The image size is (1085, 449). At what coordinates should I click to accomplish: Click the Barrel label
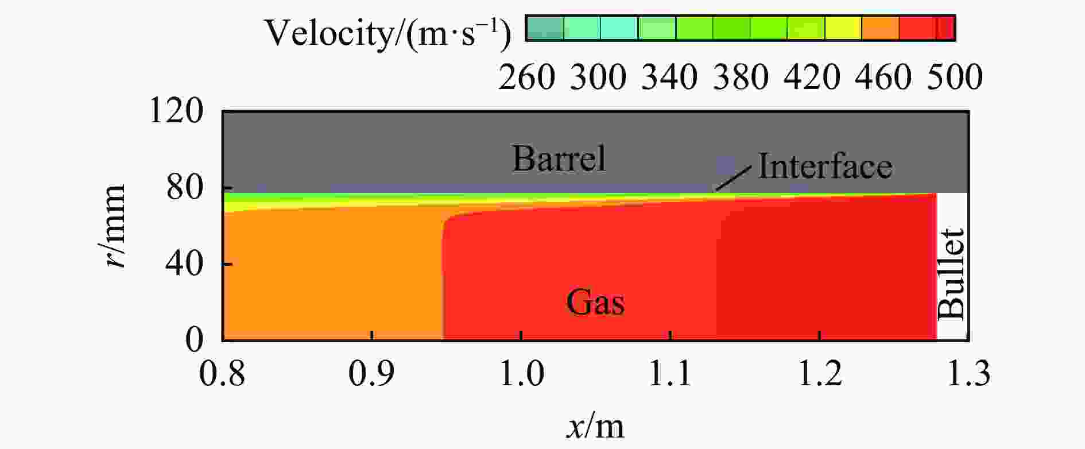559,158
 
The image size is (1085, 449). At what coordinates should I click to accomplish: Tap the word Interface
824,166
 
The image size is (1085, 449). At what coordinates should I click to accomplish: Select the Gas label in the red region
595,301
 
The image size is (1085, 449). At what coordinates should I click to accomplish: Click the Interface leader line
733,178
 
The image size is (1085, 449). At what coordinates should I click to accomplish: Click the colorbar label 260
526,76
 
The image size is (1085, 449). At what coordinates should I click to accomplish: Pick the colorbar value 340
669,76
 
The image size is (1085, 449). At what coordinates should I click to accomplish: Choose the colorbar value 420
812,76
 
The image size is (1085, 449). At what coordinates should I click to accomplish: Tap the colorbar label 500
955,76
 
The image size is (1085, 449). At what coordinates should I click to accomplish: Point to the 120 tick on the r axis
176,111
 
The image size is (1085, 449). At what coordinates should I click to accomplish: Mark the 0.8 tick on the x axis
222,373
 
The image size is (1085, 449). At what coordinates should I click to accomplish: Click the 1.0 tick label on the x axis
521,373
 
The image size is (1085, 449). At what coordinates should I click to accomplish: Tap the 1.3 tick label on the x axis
968,373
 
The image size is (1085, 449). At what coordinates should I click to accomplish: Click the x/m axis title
595,426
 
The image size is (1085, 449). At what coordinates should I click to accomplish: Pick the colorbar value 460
883,76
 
